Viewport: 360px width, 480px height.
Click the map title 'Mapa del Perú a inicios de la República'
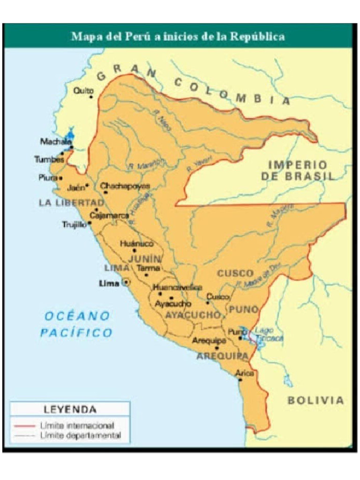pos(178,37)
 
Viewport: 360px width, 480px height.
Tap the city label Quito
pos(84,90)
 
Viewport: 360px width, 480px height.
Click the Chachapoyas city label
pos(125,186)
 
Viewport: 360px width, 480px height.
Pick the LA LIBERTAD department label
pos(71,202)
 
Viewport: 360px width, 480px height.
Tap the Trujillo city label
pos(75,225)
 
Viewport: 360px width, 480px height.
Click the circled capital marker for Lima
pos(126,283)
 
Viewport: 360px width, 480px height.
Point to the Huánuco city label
pos(136,244)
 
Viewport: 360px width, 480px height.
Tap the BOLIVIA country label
pos(315,400)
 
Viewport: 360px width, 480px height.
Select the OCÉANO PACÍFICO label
pos(76,324)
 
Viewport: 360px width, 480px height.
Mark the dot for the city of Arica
pos(240,379)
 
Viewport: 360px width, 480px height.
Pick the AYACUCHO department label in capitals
pos(193,315)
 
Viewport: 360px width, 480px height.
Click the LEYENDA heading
pos(70,409)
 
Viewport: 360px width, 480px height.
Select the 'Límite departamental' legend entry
pos(80,435)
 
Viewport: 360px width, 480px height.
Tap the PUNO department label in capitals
pos(243,309)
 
